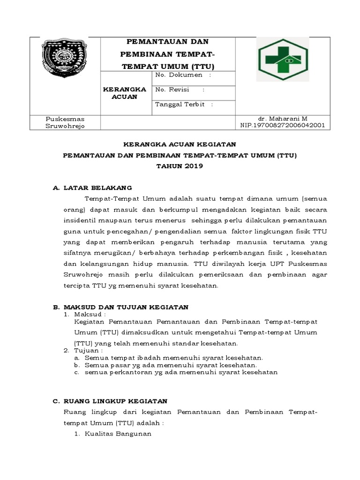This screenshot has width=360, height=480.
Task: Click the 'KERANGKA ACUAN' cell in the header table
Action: tap(125, 93)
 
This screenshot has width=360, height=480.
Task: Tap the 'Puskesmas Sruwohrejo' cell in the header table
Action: tap(65, 122)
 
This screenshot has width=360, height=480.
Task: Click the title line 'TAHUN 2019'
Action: tap(180, 166)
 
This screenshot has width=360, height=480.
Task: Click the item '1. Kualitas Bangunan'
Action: tap(113, 434)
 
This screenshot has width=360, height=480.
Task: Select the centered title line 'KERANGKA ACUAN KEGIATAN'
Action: tap(180, 144)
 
